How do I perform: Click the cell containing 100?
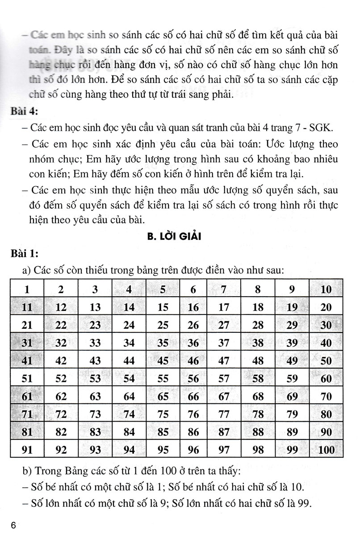pyautogui.click(x=327, y=450)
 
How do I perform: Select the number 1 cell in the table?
pyautogui.click(x=28, y=289)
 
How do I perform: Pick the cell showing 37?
pyautogui.click(x=224, y=343)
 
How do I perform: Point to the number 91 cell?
pyautogui.click(x=28, y=450)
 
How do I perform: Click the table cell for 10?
pyautogui.click(x=327, y=289)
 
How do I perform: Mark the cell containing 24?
pyautogui.click(x=129, y=325)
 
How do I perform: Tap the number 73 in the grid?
pyautogui.click(x=96, y=414)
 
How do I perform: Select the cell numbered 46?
pyautogui.click(x=193, y=360)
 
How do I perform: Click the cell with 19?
pyautogui.click(x=292, y=307)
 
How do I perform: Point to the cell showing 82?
pyautogui.click(x=62, y=432)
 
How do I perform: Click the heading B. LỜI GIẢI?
pyautogui.click(x=175, y=237)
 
